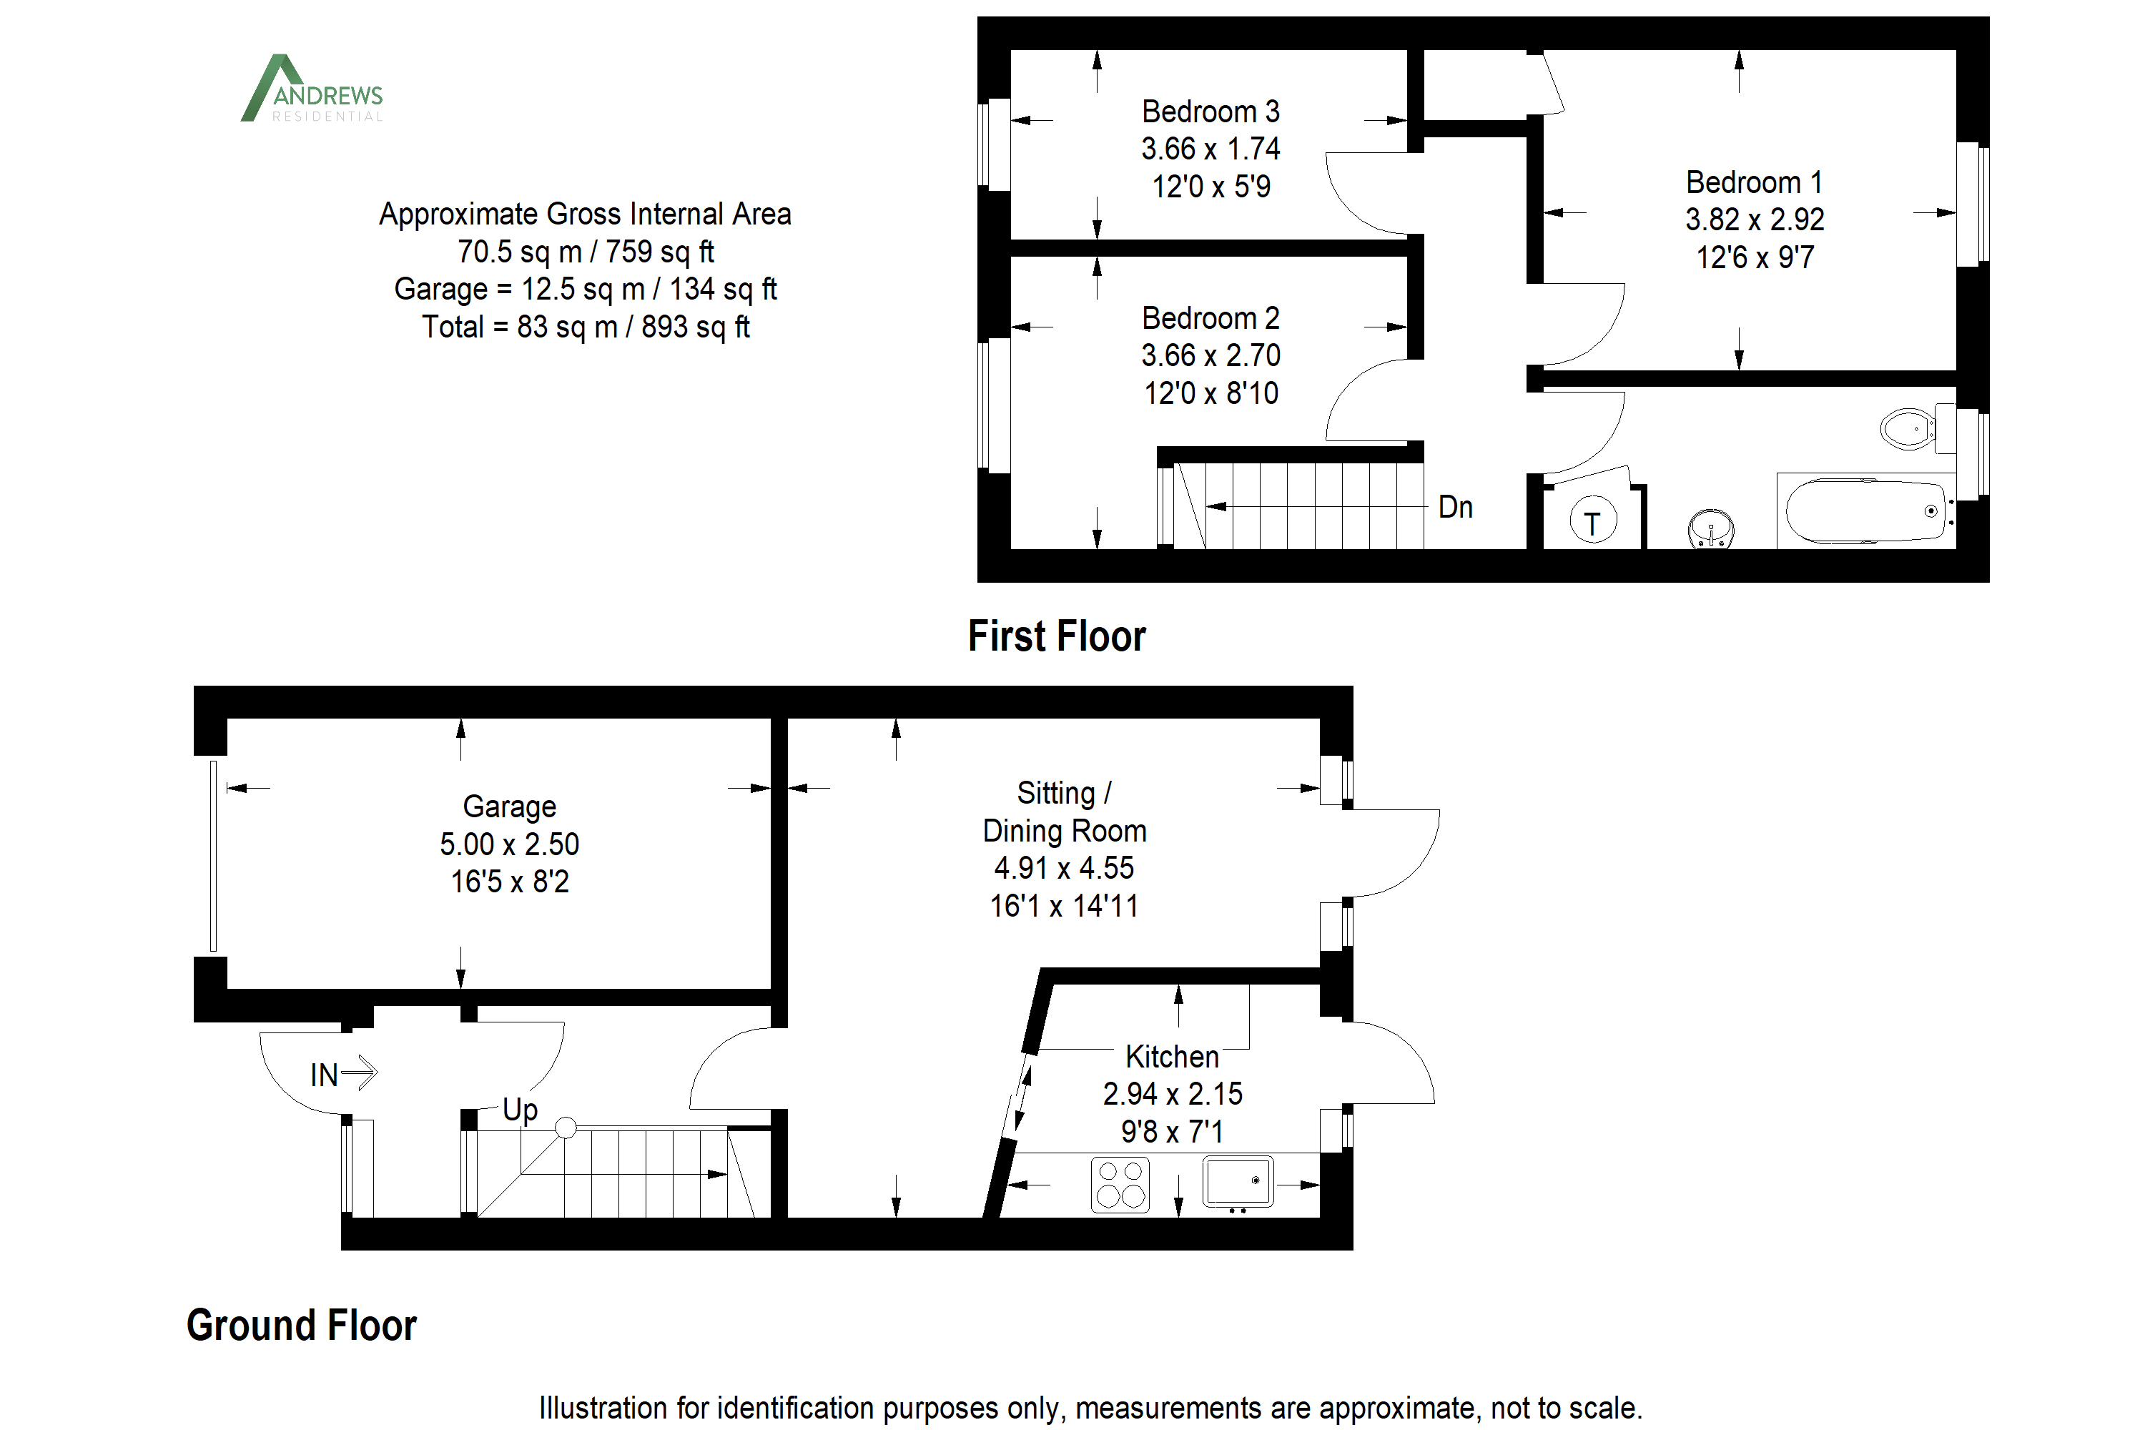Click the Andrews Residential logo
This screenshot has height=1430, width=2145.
click(312, 89)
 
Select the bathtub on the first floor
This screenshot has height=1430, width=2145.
click(1866, 511)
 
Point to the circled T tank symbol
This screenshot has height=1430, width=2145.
click(1592, 521)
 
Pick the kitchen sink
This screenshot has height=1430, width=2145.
click(1238, 1182)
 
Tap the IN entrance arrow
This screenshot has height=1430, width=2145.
click(344, 1073)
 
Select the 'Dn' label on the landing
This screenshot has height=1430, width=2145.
click(1456, 507)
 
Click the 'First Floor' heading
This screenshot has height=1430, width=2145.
click(1056, 636)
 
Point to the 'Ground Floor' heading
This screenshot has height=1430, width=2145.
click(301, 1325)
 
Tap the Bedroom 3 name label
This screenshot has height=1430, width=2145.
click(1210, 112)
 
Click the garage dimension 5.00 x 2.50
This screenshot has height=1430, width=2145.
click(509, 844)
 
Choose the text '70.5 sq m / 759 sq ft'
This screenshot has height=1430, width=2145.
click(586, 252)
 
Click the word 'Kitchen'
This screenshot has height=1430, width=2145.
click(1172, 1056)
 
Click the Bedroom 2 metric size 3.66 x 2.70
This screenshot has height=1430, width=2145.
click(1210, 355)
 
